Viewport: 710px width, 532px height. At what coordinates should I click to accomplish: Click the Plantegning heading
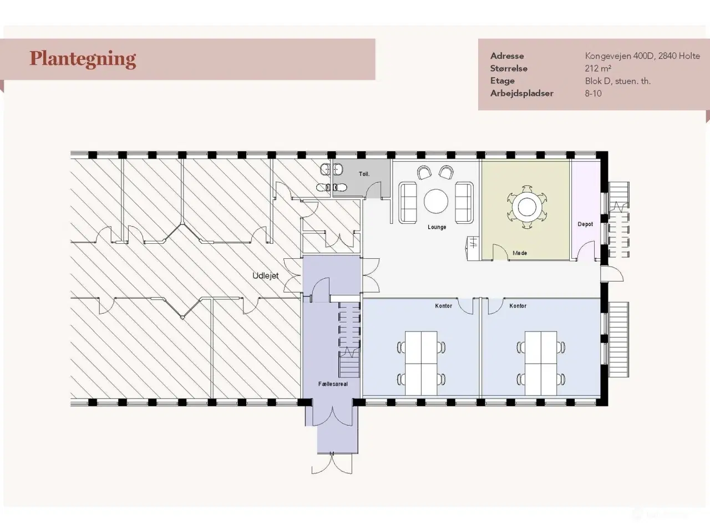(x=83, y=59)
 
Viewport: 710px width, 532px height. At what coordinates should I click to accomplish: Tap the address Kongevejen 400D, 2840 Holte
(x=642, y=56)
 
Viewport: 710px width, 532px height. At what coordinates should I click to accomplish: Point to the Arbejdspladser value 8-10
(x=593, y=94)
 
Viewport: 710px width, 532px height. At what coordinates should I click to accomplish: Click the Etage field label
(x=503, y=81)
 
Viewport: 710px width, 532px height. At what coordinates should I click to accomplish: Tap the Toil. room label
(x=364, y=174)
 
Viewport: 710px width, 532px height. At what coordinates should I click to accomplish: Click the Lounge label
(x=437, y=227)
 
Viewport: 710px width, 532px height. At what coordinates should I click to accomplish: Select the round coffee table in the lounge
(x=436, y=201)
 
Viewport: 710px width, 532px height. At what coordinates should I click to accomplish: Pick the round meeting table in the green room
(x=527, y=207)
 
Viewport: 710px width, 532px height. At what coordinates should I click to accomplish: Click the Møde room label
(x=520, y=253)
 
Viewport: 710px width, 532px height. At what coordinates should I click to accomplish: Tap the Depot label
(x=585, y=224)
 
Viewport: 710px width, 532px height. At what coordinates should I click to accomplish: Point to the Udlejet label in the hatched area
(x=265, y=276)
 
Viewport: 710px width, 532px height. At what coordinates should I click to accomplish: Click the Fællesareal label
(x=333, y=384)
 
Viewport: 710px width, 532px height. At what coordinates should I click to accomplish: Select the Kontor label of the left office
(x=443, y=305)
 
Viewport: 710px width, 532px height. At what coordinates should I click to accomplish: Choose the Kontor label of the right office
(x=518, y=305)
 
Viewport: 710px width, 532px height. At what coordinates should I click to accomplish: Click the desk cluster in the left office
(x=421, y=363)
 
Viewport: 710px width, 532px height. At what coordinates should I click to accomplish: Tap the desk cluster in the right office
(x=541, y=363)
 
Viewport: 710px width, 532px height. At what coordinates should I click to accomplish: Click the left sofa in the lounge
(x=407, y=202)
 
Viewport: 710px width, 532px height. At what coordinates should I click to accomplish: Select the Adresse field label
(x=507, y=56)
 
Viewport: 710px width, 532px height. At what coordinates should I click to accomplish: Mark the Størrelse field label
(x=509, y=69)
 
